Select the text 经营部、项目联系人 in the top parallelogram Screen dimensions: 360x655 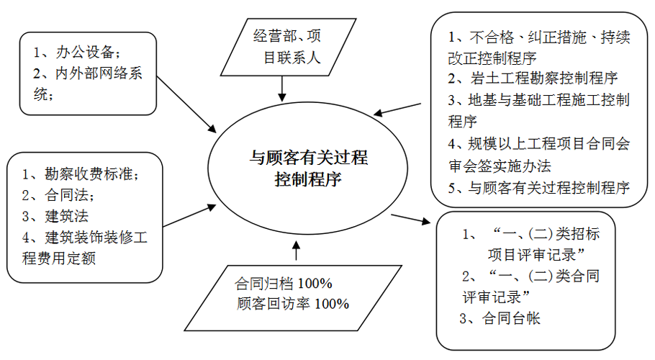pos(286,46)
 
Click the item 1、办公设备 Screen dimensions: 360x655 pos(76,52)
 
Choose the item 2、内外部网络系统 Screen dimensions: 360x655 pos(83,83)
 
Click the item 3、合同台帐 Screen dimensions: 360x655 pos(501,318)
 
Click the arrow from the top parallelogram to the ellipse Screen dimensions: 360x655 pos(282,88)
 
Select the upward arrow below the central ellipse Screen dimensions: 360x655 pos(295,251)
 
